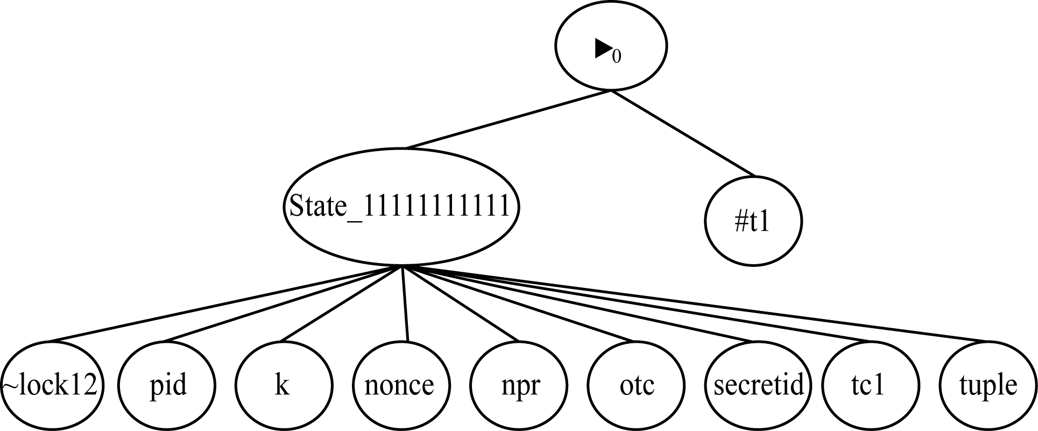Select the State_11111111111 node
point(400,207)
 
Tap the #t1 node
point(753,221)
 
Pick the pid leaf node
point(167,385)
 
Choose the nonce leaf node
point(400,385)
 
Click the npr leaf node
point(518,385)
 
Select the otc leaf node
point(637,385)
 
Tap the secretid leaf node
point(758,385)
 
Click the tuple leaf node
point(988,385)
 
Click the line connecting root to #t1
point(683,134)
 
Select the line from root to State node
point(509,119)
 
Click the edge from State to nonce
point(404,303)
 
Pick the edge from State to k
point(342,303)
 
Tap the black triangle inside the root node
point(602,49)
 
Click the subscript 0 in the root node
point(617,56)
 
